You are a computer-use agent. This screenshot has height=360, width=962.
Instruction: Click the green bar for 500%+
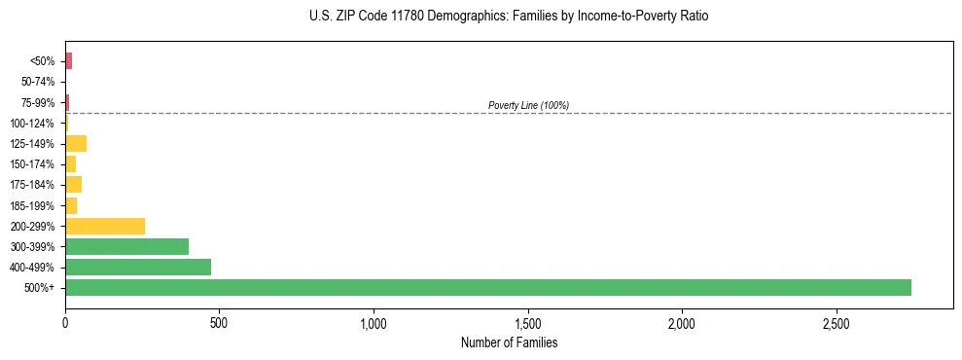point(487,287)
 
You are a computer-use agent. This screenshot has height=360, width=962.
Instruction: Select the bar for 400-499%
point(138,267)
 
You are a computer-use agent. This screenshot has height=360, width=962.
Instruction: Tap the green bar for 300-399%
point(126,246)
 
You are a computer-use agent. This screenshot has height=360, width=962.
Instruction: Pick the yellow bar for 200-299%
point(105,226)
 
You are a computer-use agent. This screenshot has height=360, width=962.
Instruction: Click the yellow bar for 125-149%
point(76,144)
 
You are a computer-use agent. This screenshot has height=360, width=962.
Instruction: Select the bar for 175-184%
point(73,185)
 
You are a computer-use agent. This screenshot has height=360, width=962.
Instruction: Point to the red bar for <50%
point(68,61)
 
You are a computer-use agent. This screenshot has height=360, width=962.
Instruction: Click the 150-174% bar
point(70,164)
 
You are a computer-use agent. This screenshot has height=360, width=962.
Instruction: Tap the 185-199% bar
point(71,205)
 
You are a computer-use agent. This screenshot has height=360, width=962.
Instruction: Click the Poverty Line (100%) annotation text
point(528,105)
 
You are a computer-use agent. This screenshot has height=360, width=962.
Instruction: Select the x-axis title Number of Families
point(509,342)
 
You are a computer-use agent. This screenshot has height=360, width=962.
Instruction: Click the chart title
point(509,17)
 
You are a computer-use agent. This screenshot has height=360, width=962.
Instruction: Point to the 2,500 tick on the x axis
point(836,322)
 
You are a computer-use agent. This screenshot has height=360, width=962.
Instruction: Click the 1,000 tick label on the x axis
point(374,322)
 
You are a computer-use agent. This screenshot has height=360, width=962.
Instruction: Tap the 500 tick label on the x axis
point(219,322)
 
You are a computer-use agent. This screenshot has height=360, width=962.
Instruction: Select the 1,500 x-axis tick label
point(527,322)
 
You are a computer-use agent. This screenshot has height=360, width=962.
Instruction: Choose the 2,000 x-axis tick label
point(682,322)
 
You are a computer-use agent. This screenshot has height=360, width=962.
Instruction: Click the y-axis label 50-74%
point(38,82)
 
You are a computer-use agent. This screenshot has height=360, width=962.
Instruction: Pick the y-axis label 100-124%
point(33,124)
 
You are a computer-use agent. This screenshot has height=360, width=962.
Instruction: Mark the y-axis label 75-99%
point(38,103)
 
